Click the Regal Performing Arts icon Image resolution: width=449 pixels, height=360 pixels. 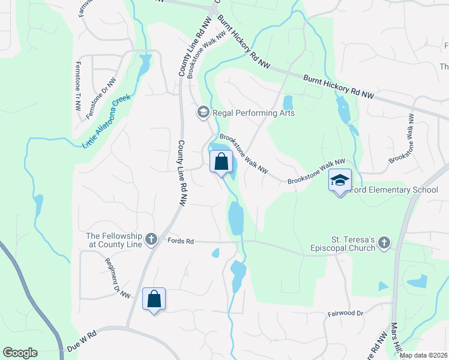(203, 112)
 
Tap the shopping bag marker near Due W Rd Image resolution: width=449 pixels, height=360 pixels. (154, 299)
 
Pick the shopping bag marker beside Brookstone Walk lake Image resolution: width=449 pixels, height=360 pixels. (221, 161)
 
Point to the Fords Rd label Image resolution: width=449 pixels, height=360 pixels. (181, 241)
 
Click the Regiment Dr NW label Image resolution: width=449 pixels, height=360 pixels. (118, 278)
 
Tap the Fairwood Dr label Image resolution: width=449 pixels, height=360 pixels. (346, 313)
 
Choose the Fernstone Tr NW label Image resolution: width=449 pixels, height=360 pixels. (78, 86)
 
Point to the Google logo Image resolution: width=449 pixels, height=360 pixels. (20, 353)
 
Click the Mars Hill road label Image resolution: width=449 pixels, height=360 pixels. (396, 339)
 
